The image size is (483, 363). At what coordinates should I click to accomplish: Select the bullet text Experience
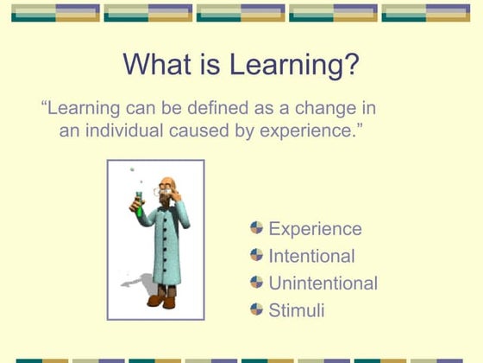(x=315, y=229)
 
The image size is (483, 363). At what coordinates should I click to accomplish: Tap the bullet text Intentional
(x=311, y=256)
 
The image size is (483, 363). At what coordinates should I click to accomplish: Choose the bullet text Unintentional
(x=323, y=283)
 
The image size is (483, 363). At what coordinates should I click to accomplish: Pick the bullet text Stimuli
(x=297, y=309)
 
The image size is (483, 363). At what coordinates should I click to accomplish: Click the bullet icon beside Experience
(x=256, y=228)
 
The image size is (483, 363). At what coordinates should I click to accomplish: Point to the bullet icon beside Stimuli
(x=256, y=309)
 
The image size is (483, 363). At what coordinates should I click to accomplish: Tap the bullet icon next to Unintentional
(x=256, y=282)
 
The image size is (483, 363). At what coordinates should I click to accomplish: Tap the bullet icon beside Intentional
(x=256, y=255)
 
